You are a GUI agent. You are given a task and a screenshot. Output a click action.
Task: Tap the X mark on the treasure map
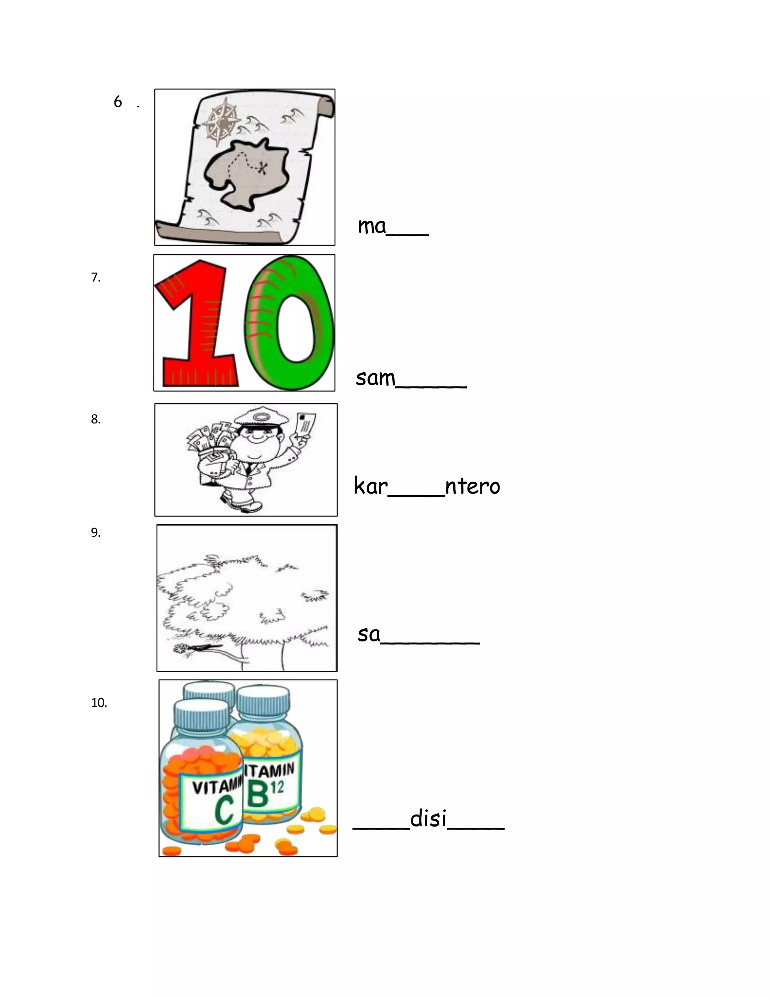click(x=262, y=169)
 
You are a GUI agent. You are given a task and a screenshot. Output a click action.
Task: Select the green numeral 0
click(x=289, y=322)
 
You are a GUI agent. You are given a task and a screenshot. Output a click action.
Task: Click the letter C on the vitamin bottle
click(x=224, y=811)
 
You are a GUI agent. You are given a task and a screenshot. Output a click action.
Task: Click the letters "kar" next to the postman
click(x=370, y=486)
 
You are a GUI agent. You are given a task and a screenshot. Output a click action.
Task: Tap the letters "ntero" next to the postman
click(x=472, y=486)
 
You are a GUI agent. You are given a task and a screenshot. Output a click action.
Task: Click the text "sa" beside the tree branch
click(x=369, y=634)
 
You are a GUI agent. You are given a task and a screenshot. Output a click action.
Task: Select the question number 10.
click(x=99, y=702)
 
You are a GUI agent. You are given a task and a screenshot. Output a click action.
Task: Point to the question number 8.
click(x=95, y=419)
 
